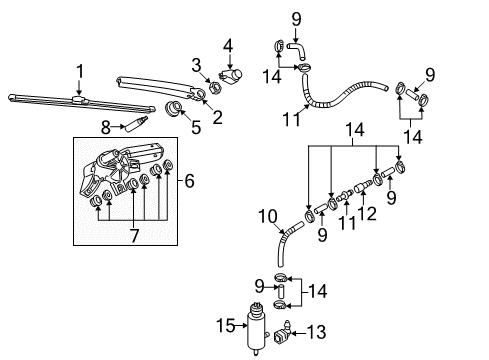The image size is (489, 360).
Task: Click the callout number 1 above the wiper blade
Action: [80, 72]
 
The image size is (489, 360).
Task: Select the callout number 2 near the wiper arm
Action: [217, 117]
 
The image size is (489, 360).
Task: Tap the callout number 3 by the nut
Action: [196, 65]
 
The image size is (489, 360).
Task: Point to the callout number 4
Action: [228, 46]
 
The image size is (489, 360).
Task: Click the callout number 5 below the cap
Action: [196, 127]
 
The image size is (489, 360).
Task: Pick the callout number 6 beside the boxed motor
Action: [189, 181]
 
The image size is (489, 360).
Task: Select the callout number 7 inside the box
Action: [134, 236]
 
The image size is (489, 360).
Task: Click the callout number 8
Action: [106, 127]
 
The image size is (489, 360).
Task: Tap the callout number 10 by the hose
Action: [268, 216]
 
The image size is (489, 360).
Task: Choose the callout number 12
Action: [367, 213]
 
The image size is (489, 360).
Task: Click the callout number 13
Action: [316, 332]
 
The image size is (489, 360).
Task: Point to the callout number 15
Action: [226, 325]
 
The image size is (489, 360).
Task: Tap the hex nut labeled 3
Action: [215, 88]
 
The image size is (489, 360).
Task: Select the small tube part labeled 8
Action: [136, 124]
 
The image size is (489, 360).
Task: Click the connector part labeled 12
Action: [362, 186]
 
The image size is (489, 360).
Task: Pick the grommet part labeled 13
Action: [282, 333]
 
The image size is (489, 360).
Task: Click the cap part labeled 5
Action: [173, 108]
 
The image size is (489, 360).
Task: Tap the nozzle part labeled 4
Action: [230, 76]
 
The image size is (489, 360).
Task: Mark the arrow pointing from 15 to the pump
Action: [241, 326]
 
